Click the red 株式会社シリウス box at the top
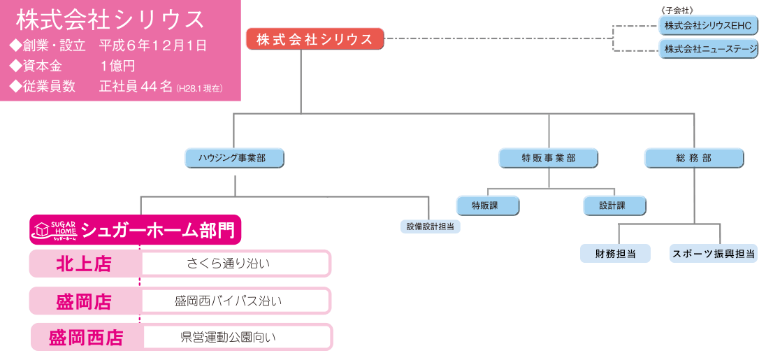315,39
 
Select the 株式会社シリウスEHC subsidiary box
707,26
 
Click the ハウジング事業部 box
235,158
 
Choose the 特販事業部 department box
549,158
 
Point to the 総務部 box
693,158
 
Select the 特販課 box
488,206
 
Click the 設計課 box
614,206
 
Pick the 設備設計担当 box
430,226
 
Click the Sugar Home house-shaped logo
55,229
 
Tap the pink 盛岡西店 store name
85,338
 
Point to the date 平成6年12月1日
153,46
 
